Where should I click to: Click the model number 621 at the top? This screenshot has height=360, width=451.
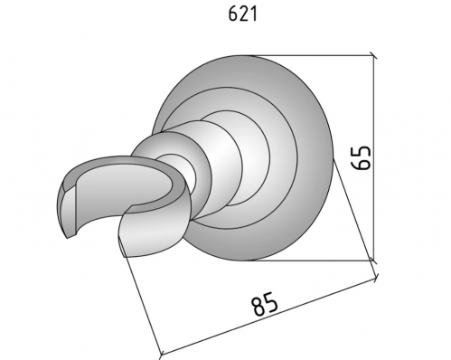[x=243, y=14]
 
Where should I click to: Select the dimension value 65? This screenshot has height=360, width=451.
[x=361, y=158]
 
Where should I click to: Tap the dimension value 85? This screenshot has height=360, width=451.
[x=265, y=304]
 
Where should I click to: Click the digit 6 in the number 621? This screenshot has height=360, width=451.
[x=233, y=14]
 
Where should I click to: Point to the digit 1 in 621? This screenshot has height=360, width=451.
[x=254, y=14]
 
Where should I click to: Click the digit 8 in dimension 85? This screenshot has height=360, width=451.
[x=258, y=307]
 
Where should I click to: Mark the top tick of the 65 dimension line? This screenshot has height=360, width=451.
[x=373, y=55]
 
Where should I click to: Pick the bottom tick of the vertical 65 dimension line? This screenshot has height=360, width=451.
[x=373, y=260]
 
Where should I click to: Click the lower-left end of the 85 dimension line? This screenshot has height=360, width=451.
[x=161, y=355]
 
